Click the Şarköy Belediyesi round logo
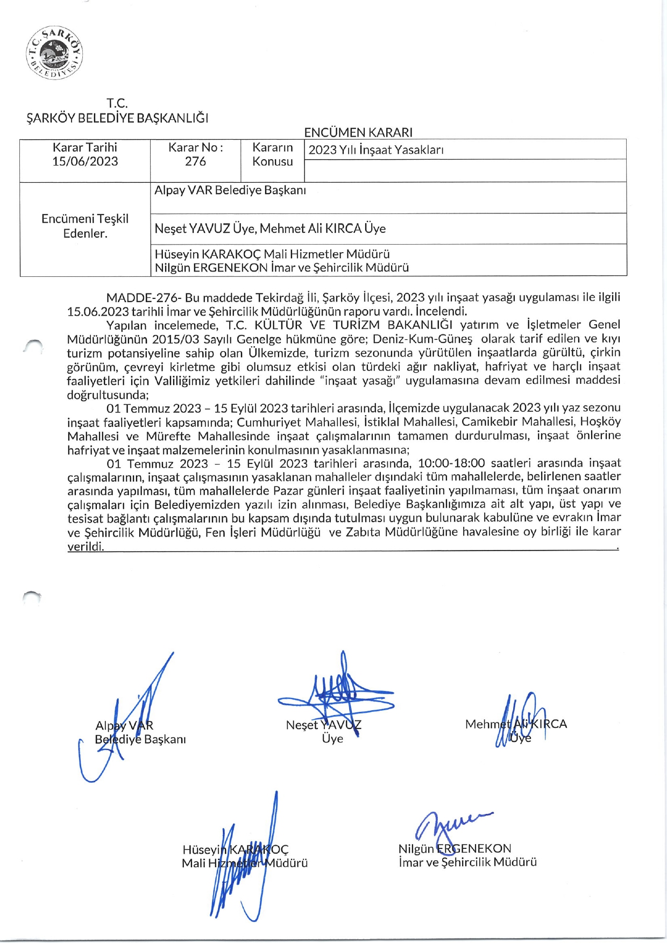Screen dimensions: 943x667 click(x=54, y=53)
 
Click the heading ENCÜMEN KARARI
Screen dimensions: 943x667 click(x=358, y=132)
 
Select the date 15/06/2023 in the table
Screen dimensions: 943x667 click(x=85, y=161)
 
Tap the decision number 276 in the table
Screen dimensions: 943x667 click(x=195, y=161)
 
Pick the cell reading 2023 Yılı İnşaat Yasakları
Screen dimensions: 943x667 click(x=376, y=150)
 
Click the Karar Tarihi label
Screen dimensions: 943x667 click(x=85, y=147)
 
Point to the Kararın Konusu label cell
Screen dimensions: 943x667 click(x=273, y=154)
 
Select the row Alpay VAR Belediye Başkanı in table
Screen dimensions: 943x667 click(x=230, y=190)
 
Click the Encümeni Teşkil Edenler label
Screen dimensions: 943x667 click(x=85, y=226)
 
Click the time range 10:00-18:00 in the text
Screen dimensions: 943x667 click(x=451, y=463)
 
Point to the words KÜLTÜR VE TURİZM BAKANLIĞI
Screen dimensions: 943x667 click(x=353, y=325)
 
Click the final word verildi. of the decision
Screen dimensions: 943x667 click(x=86, y=547)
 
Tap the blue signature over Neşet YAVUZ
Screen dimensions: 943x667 click(x=336, y=691)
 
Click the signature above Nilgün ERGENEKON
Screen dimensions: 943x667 click(x=452, y=825)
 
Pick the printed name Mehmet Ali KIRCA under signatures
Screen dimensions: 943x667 click(x=516, y=724)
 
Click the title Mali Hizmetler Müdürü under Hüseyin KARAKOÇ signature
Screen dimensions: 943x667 click(x=245, y=863)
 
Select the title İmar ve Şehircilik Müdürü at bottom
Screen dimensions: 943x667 click(x=467, y=862)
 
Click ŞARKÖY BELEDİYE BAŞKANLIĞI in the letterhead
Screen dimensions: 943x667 click(x=117, y=118)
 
